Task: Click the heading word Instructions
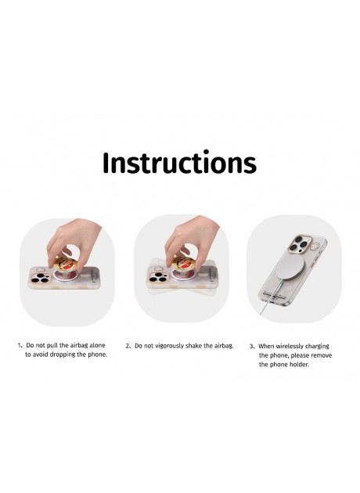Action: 179,162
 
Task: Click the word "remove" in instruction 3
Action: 322,355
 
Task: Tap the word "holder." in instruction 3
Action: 300,365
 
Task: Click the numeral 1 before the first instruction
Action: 20,345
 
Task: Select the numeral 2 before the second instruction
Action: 128,346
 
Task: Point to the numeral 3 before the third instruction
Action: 251,347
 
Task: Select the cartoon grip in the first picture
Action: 66,264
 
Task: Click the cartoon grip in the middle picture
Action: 183,264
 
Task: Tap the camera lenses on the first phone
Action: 41,278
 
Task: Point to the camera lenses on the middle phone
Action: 158,277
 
